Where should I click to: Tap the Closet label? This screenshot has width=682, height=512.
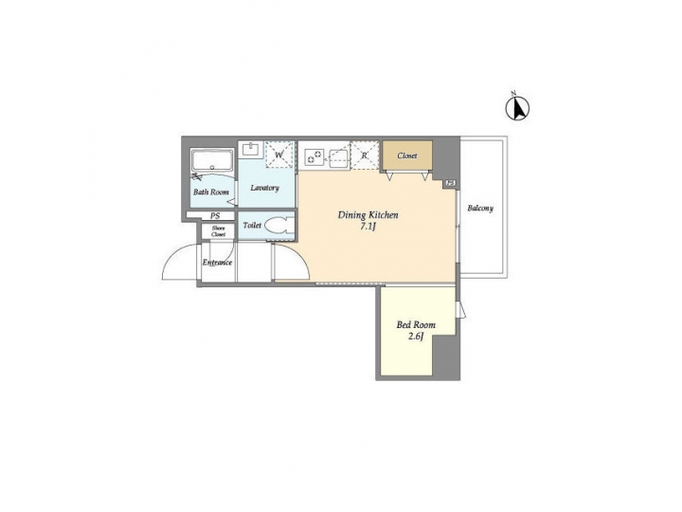coord(407,155)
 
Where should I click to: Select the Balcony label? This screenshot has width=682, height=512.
coord(480,209)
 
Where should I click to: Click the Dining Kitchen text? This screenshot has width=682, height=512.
coord(368,215)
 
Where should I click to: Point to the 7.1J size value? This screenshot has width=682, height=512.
coord(368,228)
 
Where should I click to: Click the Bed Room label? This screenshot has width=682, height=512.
coord(416,325)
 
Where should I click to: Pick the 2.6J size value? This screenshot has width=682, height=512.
coord(416,338)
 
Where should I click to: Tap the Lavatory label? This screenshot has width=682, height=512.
coord(264,188)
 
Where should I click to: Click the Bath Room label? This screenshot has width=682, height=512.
coord(211,192)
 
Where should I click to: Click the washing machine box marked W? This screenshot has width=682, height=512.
coord(279,155)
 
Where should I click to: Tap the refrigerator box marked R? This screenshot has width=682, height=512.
coord(365,155)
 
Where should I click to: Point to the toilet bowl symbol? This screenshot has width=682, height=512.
coord(277,226)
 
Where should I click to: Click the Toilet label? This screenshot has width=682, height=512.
coord(252,226)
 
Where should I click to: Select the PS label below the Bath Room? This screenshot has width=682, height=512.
coord(217,215)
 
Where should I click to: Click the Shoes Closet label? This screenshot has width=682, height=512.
coord(218,231)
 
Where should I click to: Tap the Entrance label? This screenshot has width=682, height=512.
coord(217,263)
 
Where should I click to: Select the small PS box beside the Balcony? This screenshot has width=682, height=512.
coord(451,183)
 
